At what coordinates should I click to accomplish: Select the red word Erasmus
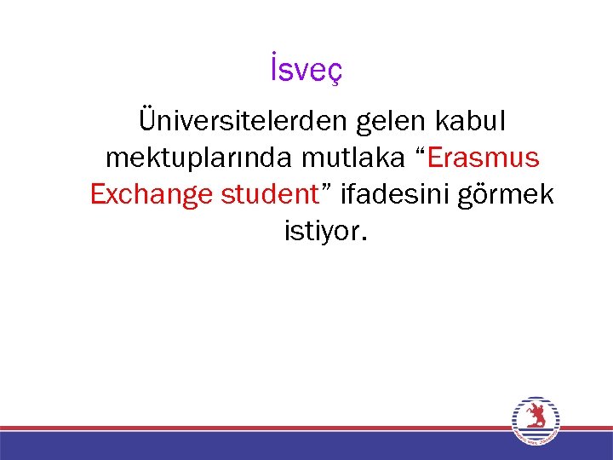pyautogui.click(x=484, y=158)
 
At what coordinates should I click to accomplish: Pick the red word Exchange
pyautogui.click(x=151, y=195)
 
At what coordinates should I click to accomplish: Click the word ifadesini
pyautogui.click(x=399, y=194)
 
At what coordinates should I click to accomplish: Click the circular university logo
pyautogui.click(x=535, y=421)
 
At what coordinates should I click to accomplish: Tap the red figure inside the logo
pyautogui.click(x=535, y=417)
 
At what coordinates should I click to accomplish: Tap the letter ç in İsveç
pyautogui.click(x=335, y=74)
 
